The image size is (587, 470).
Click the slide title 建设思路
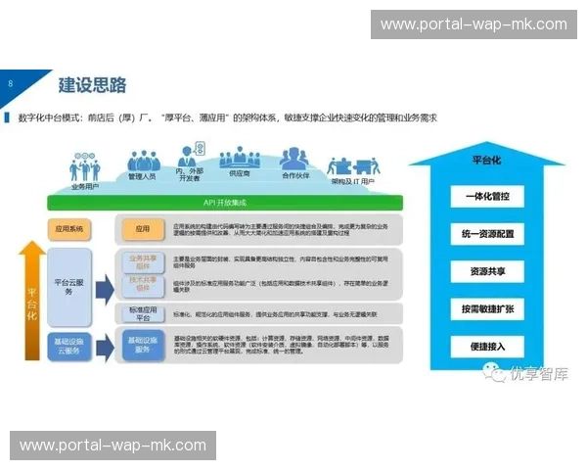(x=92, y=85)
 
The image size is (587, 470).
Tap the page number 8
(x=10, y=83)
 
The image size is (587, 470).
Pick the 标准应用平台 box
(x=143, y=313)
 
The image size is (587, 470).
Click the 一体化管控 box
(x=486, y=197)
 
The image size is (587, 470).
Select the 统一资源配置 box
(x=486, y=235)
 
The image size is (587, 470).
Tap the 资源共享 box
(x=486, y=272)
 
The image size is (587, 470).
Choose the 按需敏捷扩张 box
(x=486, y=308)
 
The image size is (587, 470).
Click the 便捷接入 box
(x=486, y=346)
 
